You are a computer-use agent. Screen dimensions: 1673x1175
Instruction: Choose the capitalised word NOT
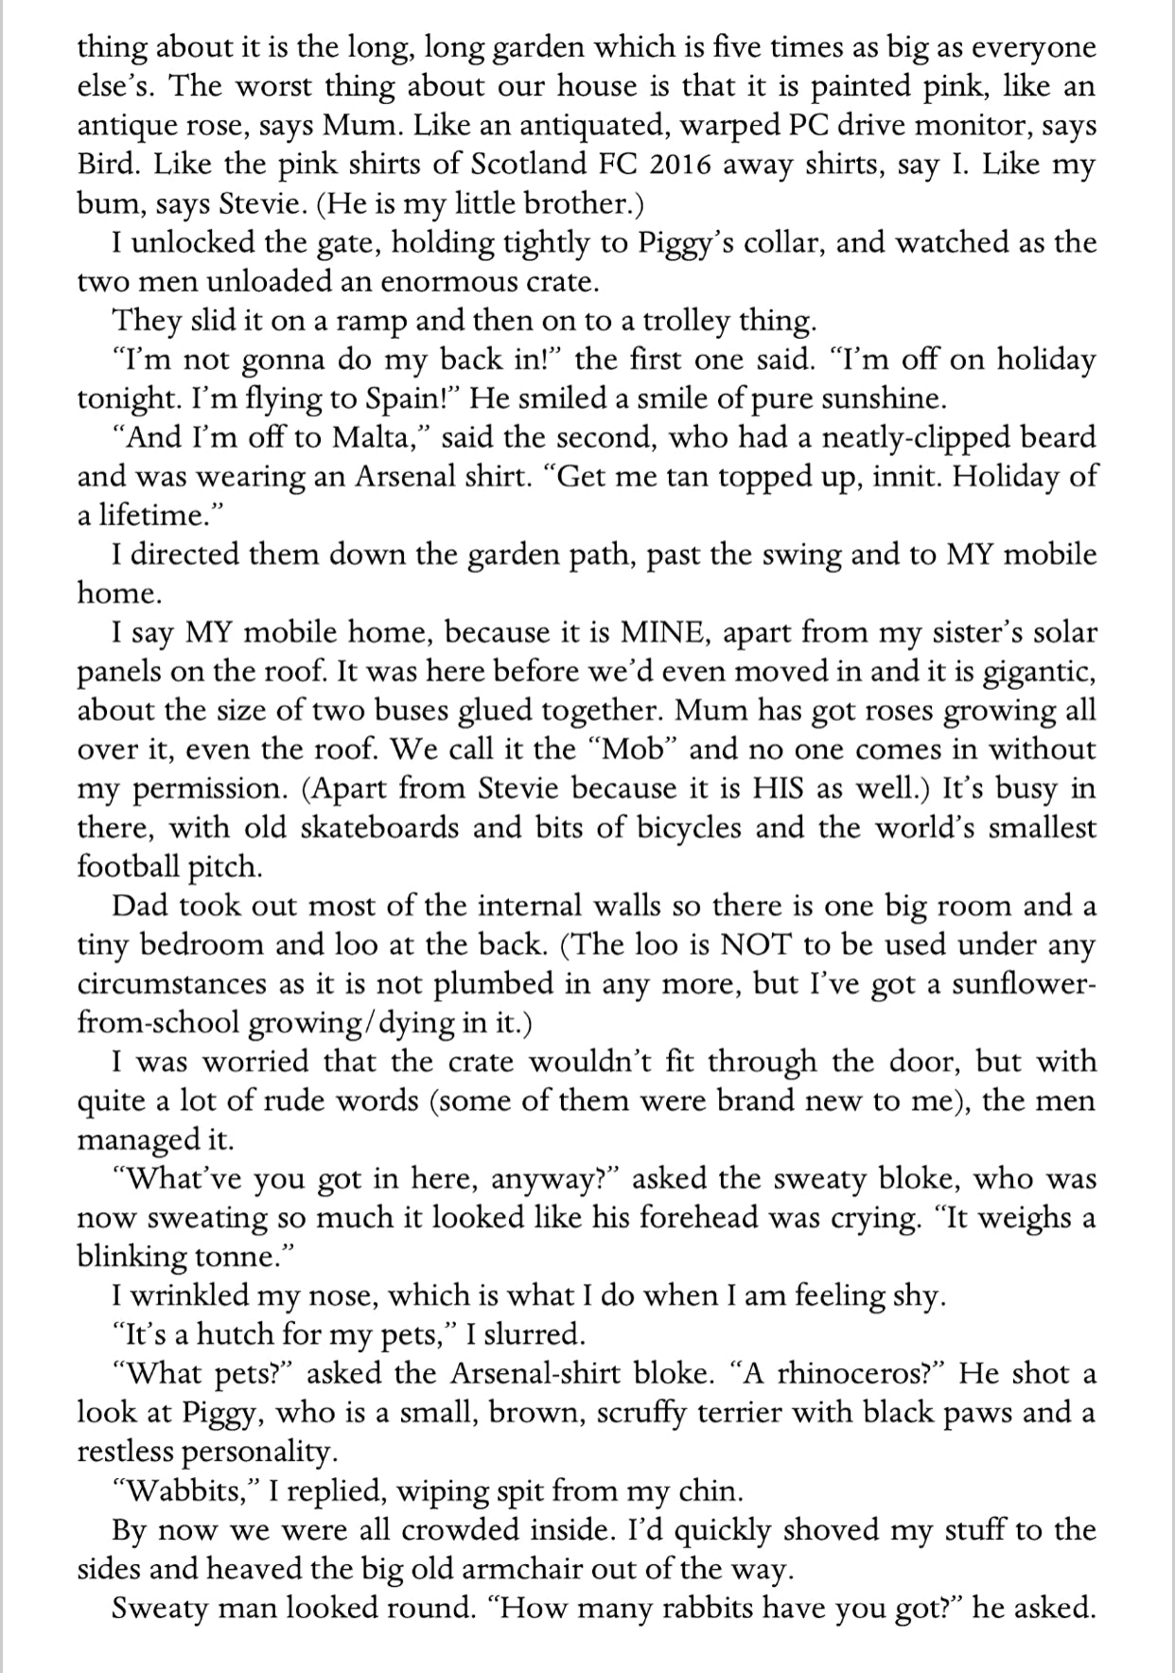tap(754, 944)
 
